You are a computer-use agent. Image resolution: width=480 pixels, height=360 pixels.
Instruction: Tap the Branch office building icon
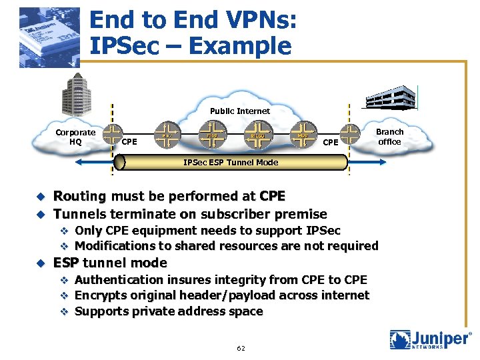[x=389, y=97]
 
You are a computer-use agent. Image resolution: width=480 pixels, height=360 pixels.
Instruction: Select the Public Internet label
[x=240, y=111]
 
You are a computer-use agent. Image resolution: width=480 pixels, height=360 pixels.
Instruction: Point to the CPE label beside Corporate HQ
[x=130, y=141]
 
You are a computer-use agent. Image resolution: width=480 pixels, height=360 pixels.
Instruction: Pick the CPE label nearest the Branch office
[x=331, y=141]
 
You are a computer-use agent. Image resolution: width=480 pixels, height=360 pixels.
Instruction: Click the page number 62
[x=241, y=348]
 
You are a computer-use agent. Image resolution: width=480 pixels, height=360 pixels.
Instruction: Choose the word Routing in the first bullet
[x=79, y=197]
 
